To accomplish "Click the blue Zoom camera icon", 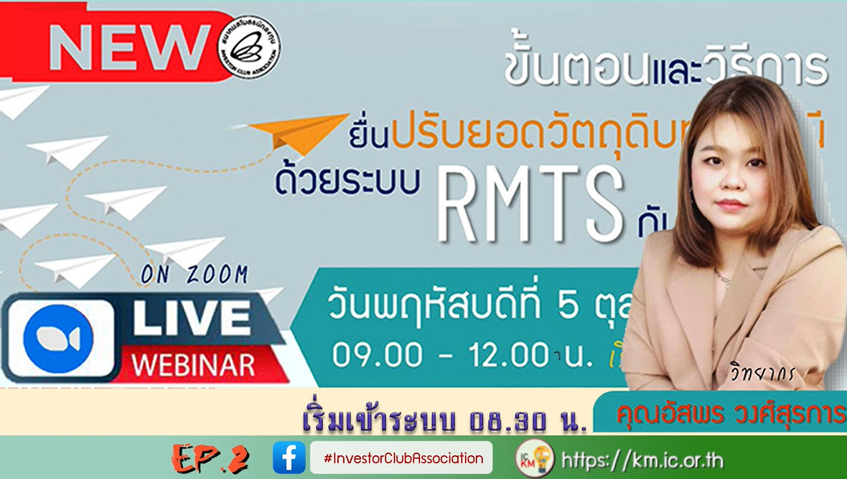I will coord(60,338).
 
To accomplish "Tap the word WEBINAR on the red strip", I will coord(193,364).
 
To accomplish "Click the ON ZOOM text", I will coord(194,275).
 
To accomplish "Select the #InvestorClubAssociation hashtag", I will coord(402,457).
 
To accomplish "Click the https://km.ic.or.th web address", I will coord(642,459).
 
